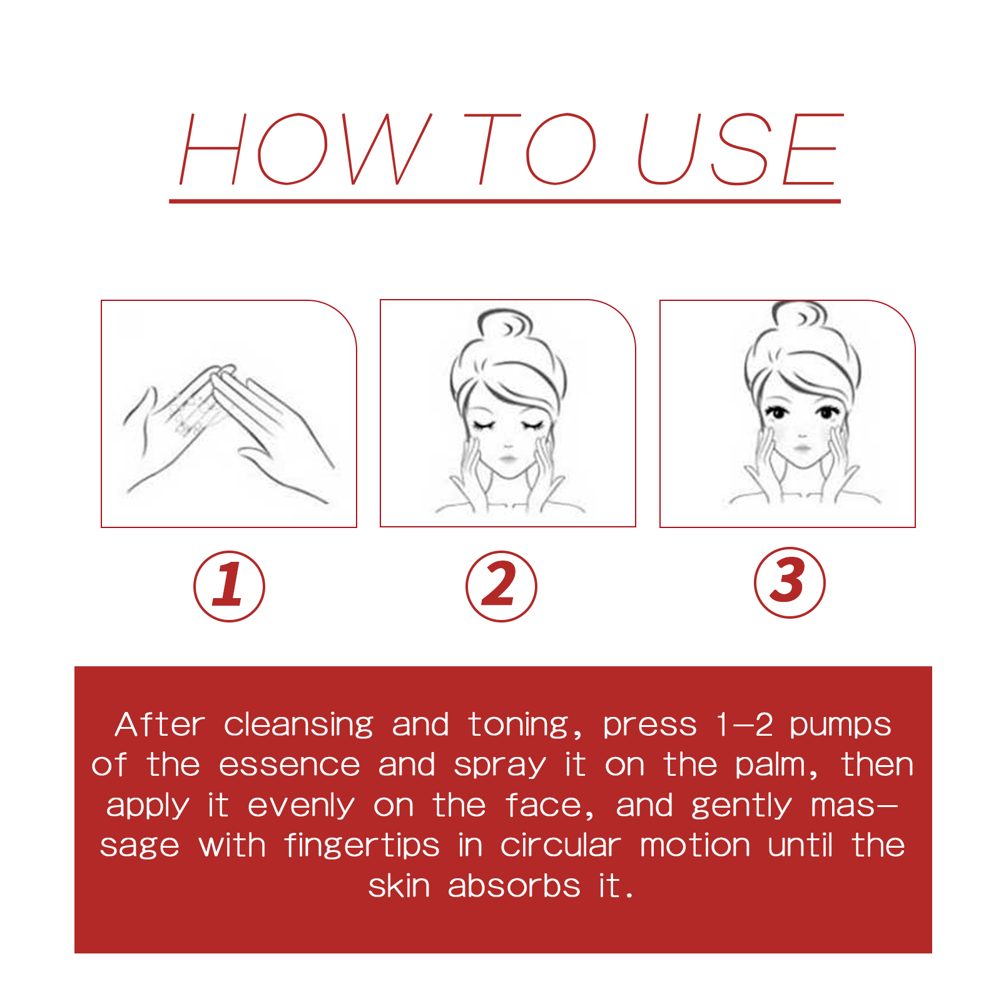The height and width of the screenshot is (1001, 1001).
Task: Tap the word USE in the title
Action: coord(738,150)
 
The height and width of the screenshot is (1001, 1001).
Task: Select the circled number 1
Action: coord(229,586)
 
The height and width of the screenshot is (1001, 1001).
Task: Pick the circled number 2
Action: coord(501,586)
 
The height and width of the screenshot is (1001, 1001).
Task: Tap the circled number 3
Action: coord(790,582)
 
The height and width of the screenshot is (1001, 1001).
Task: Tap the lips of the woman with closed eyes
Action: coord(507,460)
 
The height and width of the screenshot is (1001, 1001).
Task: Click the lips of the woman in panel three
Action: coord(801,449)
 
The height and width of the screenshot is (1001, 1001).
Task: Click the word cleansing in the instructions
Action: coord(298,726)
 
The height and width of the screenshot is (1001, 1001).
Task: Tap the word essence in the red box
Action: coord(289,766)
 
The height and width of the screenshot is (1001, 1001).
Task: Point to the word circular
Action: coord(560,846)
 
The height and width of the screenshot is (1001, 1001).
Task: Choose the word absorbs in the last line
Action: coord(514,887)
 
